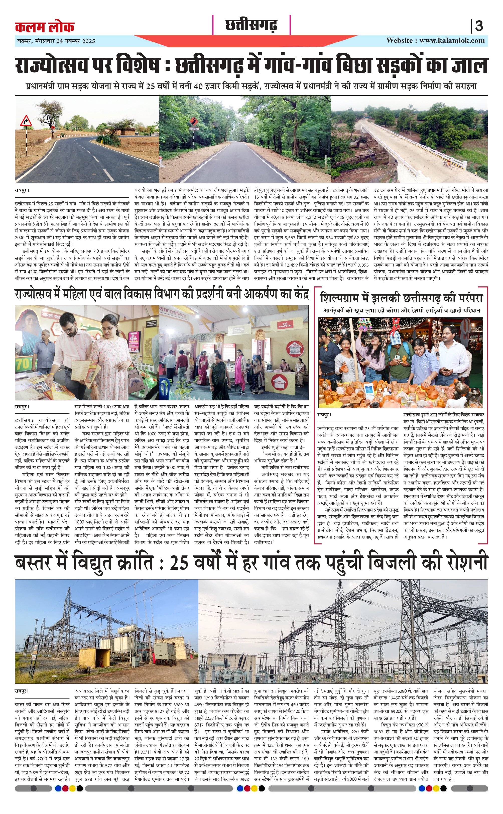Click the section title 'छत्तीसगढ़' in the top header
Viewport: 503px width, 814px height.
251,25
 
